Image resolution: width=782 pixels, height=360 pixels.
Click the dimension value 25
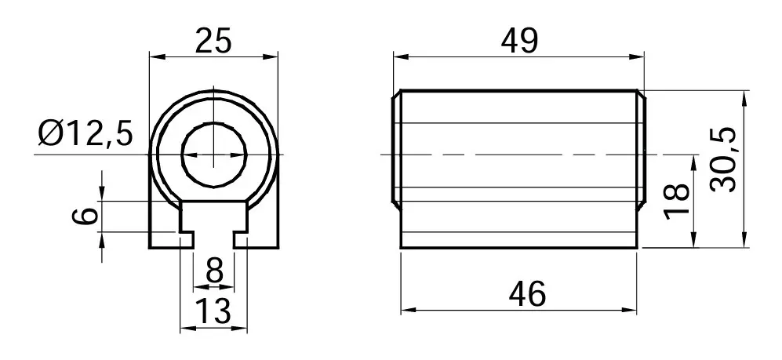[213, 41]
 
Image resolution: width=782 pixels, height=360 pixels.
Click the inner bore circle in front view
[183, 155]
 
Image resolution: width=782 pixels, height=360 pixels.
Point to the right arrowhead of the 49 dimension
[638, 56]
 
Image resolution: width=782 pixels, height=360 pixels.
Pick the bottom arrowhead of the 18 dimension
[695, 243]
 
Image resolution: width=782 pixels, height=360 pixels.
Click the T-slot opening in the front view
[213, 227]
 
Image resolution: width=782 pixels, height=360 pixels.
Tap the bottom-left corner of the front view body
[150, 248]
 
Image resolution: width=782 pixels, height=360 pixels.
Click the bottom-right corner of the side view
[637, 248]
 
